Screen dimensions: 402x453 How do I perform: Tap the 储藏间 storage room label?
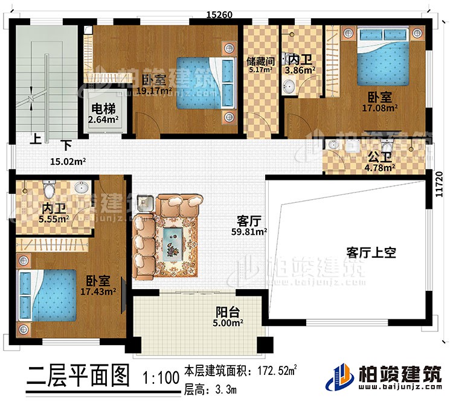[261, 61]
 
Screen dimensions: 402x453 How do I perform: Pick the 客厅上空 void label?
[371, 252]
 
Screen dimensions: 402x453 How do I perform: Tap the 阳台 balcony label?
[229, 312]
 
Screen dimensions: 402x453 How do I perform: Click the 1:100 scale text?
[160, 378]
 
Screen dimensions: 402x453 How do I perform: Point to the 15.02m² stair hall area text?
[66, 161]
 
